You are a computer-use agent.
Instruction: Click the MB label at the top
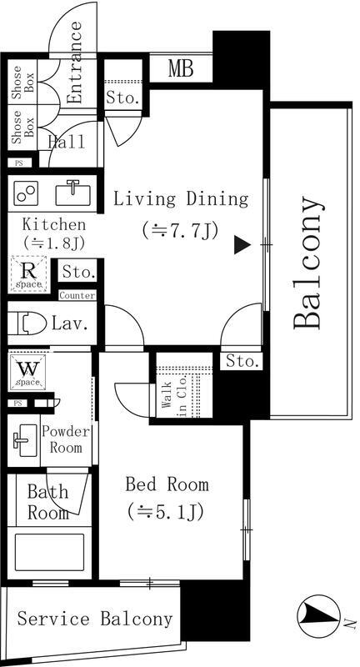(x=181, y=68)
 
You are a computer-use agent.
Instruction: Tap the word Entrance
(x=74, y=63)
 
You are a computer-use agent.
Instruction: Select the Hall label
(x=66, y=142)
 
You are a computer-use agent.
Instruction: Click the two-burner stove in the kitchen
(x=26, y=193)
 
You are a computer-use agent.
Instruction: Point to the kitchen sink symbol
(x=72, y=193)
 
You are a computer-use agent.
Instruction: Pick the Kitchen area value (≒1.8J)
(x=52, y=243)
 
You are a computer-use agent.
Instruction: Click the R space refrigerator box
(x=27, y=273)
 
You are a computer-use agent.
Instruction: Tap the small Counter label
(x=77, y=295)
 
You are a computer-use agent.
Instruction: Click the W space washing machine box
(x=27, y=371)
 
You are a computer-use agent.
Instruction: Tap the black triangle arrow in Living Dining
(x=241, y=244)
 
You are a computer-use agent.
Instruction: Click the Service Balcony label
(x=95, y=619)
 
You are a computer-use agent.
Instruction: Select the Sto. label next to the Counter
(x=77, y=273)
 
